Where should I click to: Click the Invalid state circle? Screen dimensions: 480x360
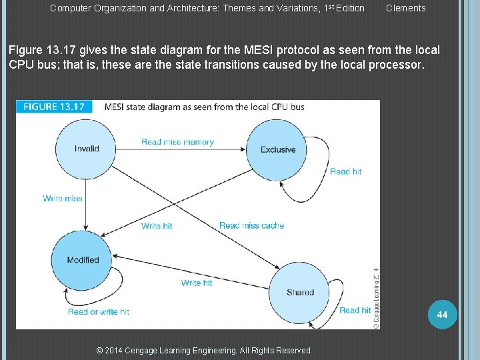[87, 149]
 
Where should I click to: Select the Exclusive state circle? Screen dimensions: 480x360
[278, 150]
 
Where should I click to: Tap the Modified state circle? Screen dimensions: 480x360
[83, 260]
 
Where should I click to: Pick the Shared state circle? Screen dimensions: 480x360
[299, 293]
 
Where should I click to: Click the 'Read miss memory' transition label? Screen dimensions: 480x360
[177, 142]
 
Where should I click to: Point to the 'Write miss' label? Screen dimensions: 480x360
[63, 199]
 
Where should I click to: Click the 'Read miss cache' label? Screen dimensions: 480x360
[251, 225]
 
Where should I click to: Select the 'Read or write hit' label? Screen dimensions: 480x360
[99, 311]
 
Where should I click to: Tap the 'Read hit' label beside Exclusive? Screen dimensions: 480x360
[346, 171]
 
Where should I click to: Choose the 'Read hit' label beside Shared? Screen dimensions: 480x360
[355, 310]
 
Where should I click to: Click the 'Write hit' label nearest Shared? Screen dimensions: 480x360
[197, 283]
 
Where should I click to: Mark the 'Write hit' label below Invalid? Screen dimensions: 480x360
[157, 226]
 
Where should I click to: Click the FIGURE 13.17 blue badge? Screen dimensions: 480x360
[55, 107]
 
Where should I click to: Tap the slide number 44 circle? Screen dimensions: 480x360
[443, 314]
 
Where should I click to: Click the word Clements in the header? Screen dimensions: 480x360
[405, 8]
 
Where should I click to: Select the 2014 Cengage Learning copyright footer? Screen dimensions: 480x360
[204, 350]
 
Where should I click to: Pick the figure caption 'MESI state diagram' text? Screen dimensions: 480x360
[204, 107]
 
